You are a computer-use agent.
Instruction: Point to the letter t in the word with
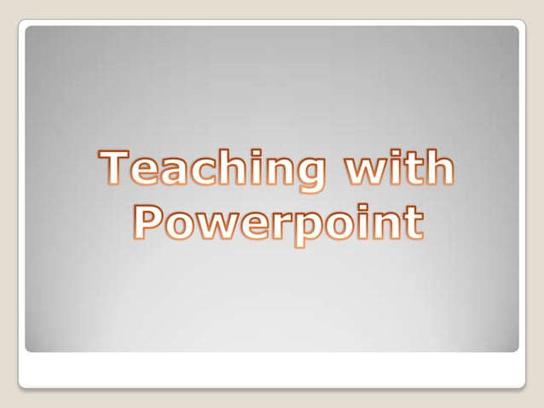click(413, 169)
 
